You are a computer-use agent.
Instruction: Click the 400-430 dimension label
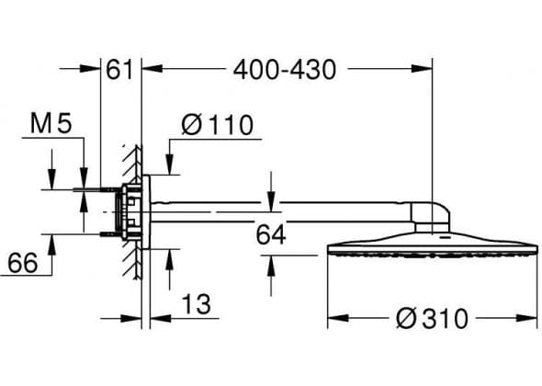[x=285, y=70]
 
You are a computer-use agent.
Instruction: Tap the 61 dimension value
[x=119, y=70]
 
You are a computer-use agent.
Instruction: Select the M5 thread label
[x=51, y=123]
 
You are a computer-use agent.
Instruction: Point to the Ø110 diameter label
[x=218, y=124]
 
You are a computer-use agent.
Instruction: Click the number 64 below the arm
[x=271, y=235]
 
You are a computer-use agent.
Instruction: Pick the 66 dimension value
[x=22, y=263]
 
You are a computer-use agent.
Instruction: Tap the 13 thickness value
[x=196, y=304]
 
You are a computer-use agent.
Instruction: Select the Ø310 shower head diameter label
[x=432, y=318]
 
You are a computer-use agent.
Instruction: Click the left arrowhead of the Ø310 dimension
[x=338, y=317]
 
